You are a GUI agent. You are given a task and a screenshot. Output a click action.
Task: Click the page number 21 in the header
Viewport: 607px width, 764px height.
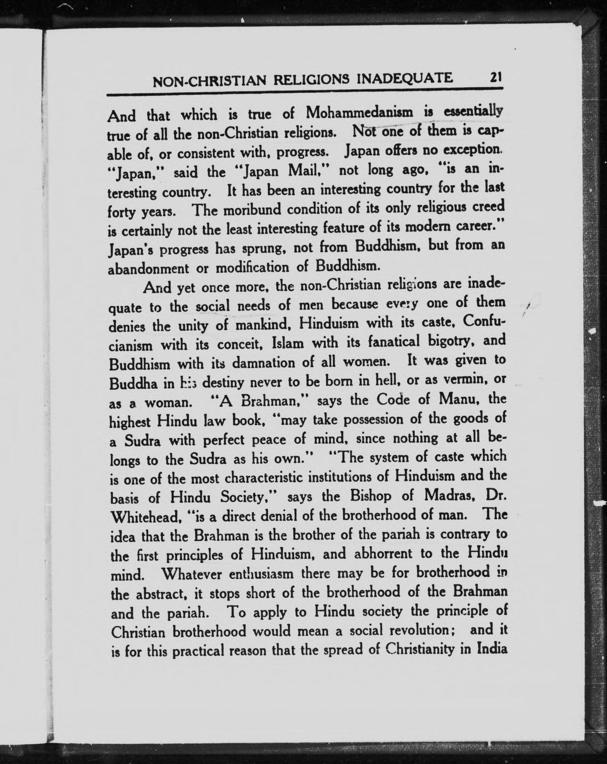(x=495, y=77)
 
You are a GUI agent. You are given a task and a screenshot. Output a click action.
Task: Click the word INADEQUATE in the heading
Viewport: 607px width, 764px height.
(x=405, y=78)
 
